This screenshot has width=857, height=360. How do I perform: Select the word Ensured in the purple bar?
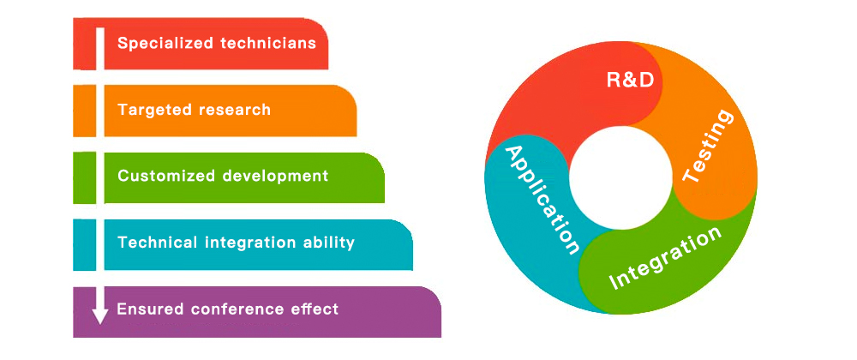coord(150,309)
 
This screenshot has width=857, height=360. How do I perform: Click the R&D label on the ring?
coord(630,81)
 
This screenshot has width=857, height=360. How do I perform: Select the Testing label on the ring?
coord(708,146)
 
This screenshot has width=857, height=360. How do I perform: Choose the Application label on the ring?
coord(541,201)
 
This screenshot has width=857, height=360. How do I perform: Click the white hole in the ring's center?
coord(620,178)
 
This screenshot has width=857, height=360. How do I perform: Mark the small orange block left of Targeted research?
coord(84,111)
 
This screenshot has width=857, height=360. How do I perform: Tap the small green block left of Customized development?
coord(84,177)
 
